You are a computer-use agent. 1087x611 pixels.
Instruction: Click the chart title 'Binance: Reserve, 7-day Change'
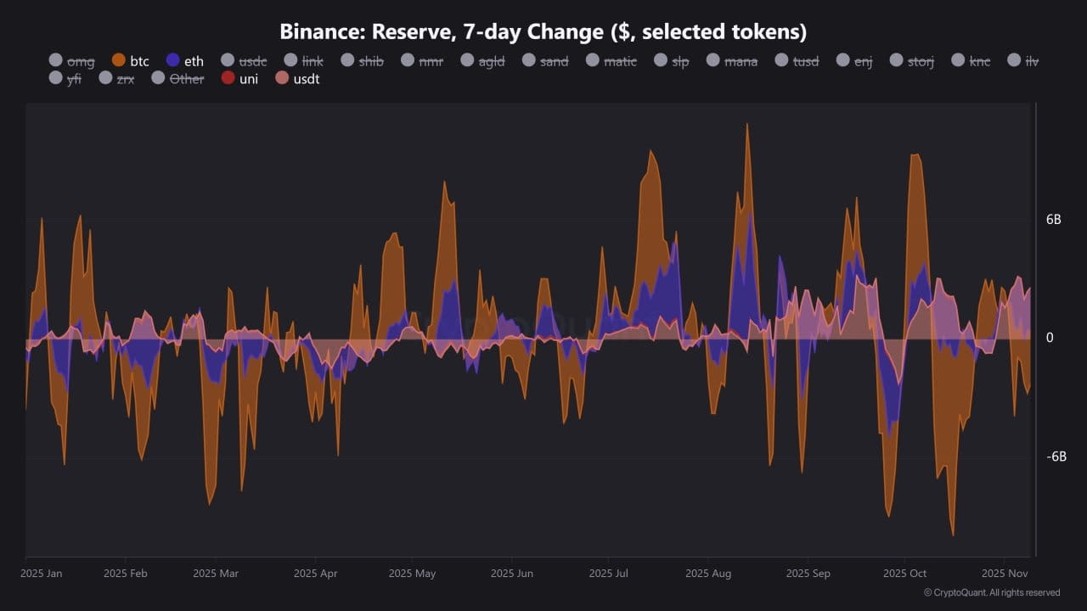543,32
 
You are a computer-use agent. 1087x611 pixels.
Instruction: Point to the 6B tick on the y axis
1054,219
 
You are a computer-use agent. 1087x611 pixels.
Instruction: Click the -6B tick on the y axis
1056,457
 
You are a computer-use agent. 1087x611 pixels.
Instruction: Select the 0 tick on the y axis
1050,338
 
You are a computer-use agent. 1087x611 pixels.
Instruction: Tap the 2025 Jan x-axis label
41,574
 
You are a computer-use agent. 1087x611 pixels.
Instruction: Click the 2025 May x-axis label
412,574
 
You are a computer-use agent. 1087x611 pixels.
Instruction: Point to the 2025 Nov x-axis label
1005,574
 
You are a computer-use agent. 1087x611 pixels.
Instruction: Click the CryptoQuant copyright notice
992,592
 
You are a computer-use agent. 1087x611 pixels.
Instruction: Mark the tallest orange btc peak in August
747,125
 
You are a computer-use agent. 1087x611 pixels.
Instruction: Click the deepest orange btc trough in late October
953,535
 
